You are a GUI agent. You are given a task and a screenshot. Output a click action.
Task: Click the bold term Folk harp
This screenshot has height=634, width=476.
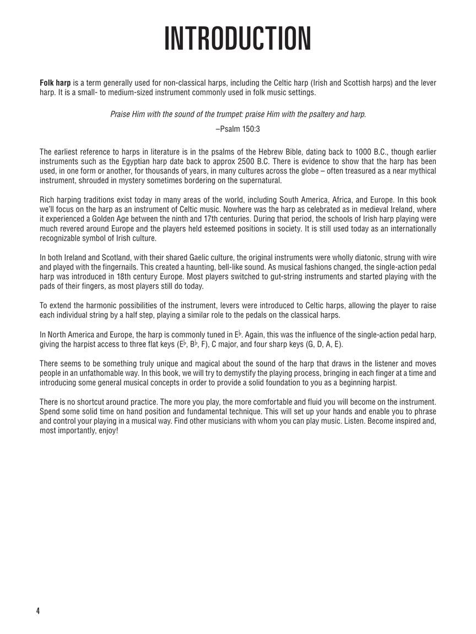[55, 83]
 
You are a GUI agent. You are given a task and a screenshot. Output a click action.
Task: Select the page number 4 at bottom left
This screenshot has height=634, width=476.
[39, 611]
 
